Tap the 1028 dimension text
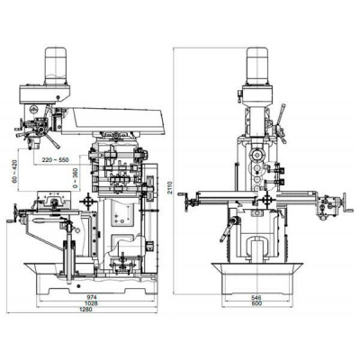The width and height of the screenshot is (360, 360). tap(85, 303)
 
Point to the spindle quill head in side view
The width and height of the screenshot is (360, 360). tap(41, 130)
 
